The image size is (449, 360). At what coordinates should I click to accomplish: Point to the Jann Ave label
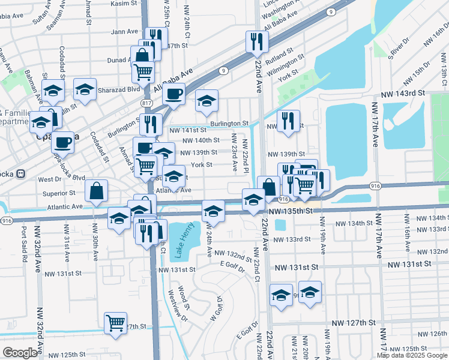point(124,32)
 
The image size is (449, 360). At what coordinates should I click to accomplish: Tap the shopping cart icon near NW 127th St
point(115,322)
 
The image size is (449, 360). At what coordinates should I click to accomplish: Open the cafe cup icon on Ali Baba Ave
point(173,94)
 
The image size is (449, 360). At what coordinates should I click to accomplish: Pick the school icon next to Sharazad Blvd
point(85,89)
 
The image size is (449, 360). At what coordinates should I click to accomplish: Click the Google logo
point(20,353)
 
